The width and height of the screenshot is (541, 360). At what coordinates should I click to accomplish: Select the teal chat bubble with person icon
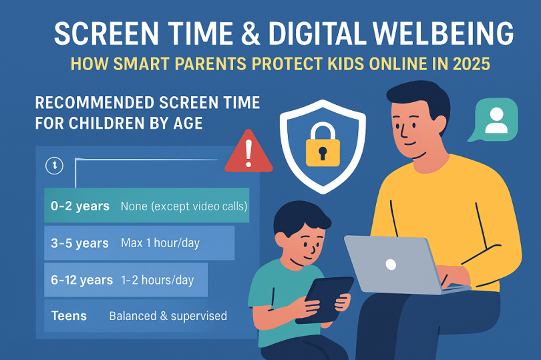(x=494, y=120)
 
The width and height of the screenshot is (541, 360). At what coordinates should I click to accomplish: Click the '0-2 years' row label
(x=80, y=206)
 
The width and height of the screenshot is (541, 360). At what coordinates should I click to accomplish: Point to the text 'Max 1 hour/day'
(x=160, y=243)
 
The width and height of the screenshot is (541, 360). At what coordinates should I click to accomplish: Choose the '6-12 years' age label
(x=82, y=280)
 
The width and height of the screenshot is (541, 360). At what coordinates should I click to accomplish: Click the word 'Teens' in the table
(x=69, y=315)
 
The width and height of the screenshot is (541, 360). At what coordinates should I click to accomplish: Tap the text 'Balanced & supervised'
(x=168, y=315)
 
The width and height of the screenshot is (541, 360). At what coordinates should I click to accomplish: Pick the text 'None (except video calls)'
(x=184, y=206)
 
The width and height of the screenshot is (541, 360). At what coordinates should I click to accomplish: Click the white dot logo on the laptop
(x=391, y=264)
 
